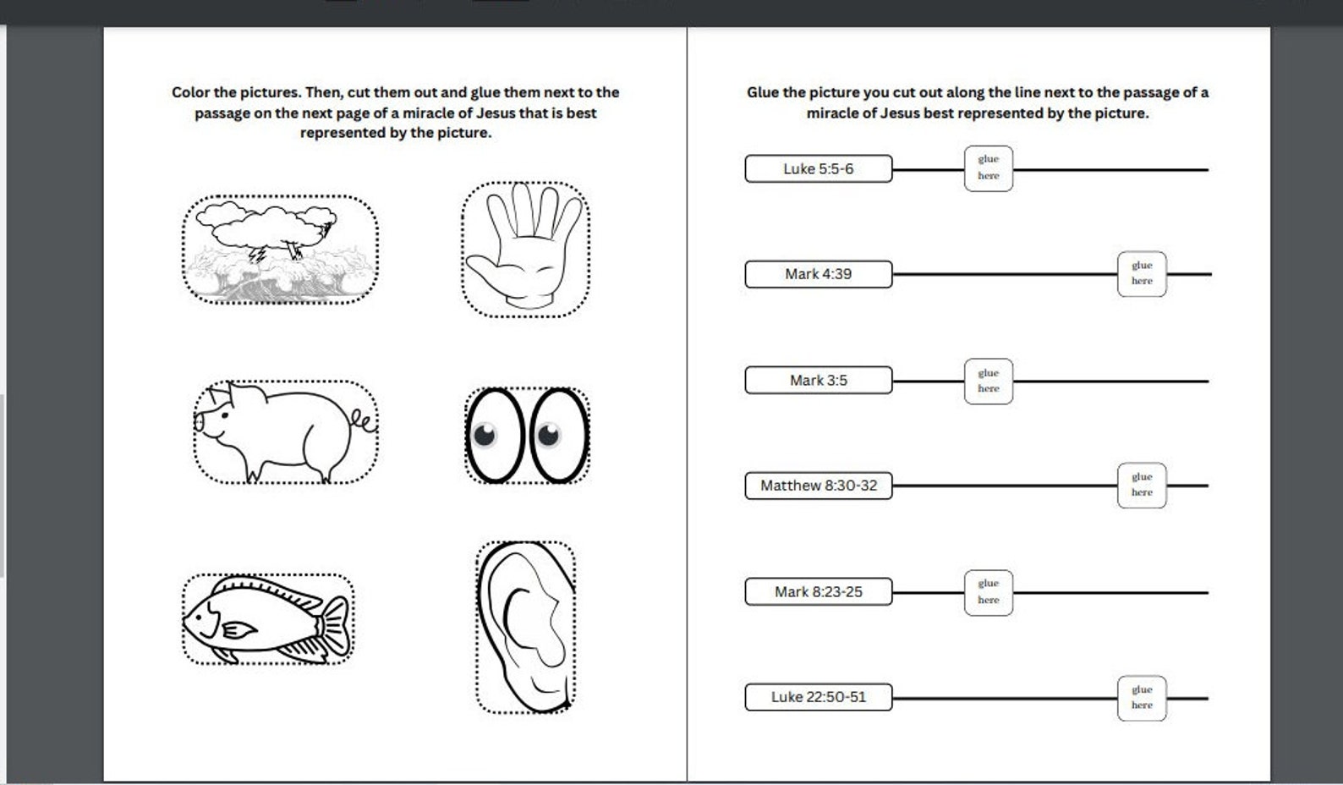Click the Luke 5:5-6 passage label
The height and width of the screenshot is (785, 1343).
point(818,168)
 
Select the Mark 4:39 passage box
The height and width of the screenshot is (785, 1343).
point(818,274)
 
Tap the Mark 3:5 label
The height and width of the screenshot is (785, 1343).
point(818,380)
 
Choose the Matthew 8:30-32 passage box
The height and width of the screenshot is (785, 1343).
point(818,486)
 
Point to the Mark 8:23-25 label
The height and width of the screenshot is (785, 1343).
point(818,591)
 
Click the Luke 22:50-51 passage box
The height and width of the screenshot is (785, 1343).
point(818,697)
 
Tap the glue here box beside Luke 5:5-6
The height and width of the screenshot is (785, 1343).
point(988,167)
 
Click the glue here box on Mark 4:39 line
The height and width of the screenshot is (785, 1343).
point(1142,273)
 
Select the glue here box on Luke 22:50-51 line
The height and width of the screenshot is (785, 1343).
point(1142,698)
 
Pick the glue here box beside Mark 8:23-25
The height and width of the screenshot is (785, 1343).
point(988,592)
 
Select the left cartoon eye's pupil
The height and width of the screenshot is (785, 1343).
point(485,435)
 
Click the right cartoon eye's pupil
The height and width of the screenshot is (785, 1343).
point(549,435)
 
